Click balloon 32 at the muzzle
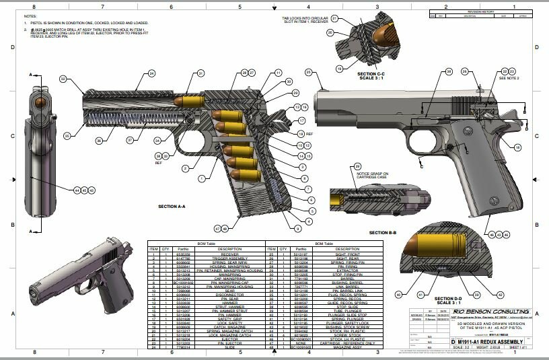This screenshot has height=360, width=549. (64, 79)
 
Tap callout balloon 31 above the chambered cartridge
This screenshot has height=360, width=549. (200, 73)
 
